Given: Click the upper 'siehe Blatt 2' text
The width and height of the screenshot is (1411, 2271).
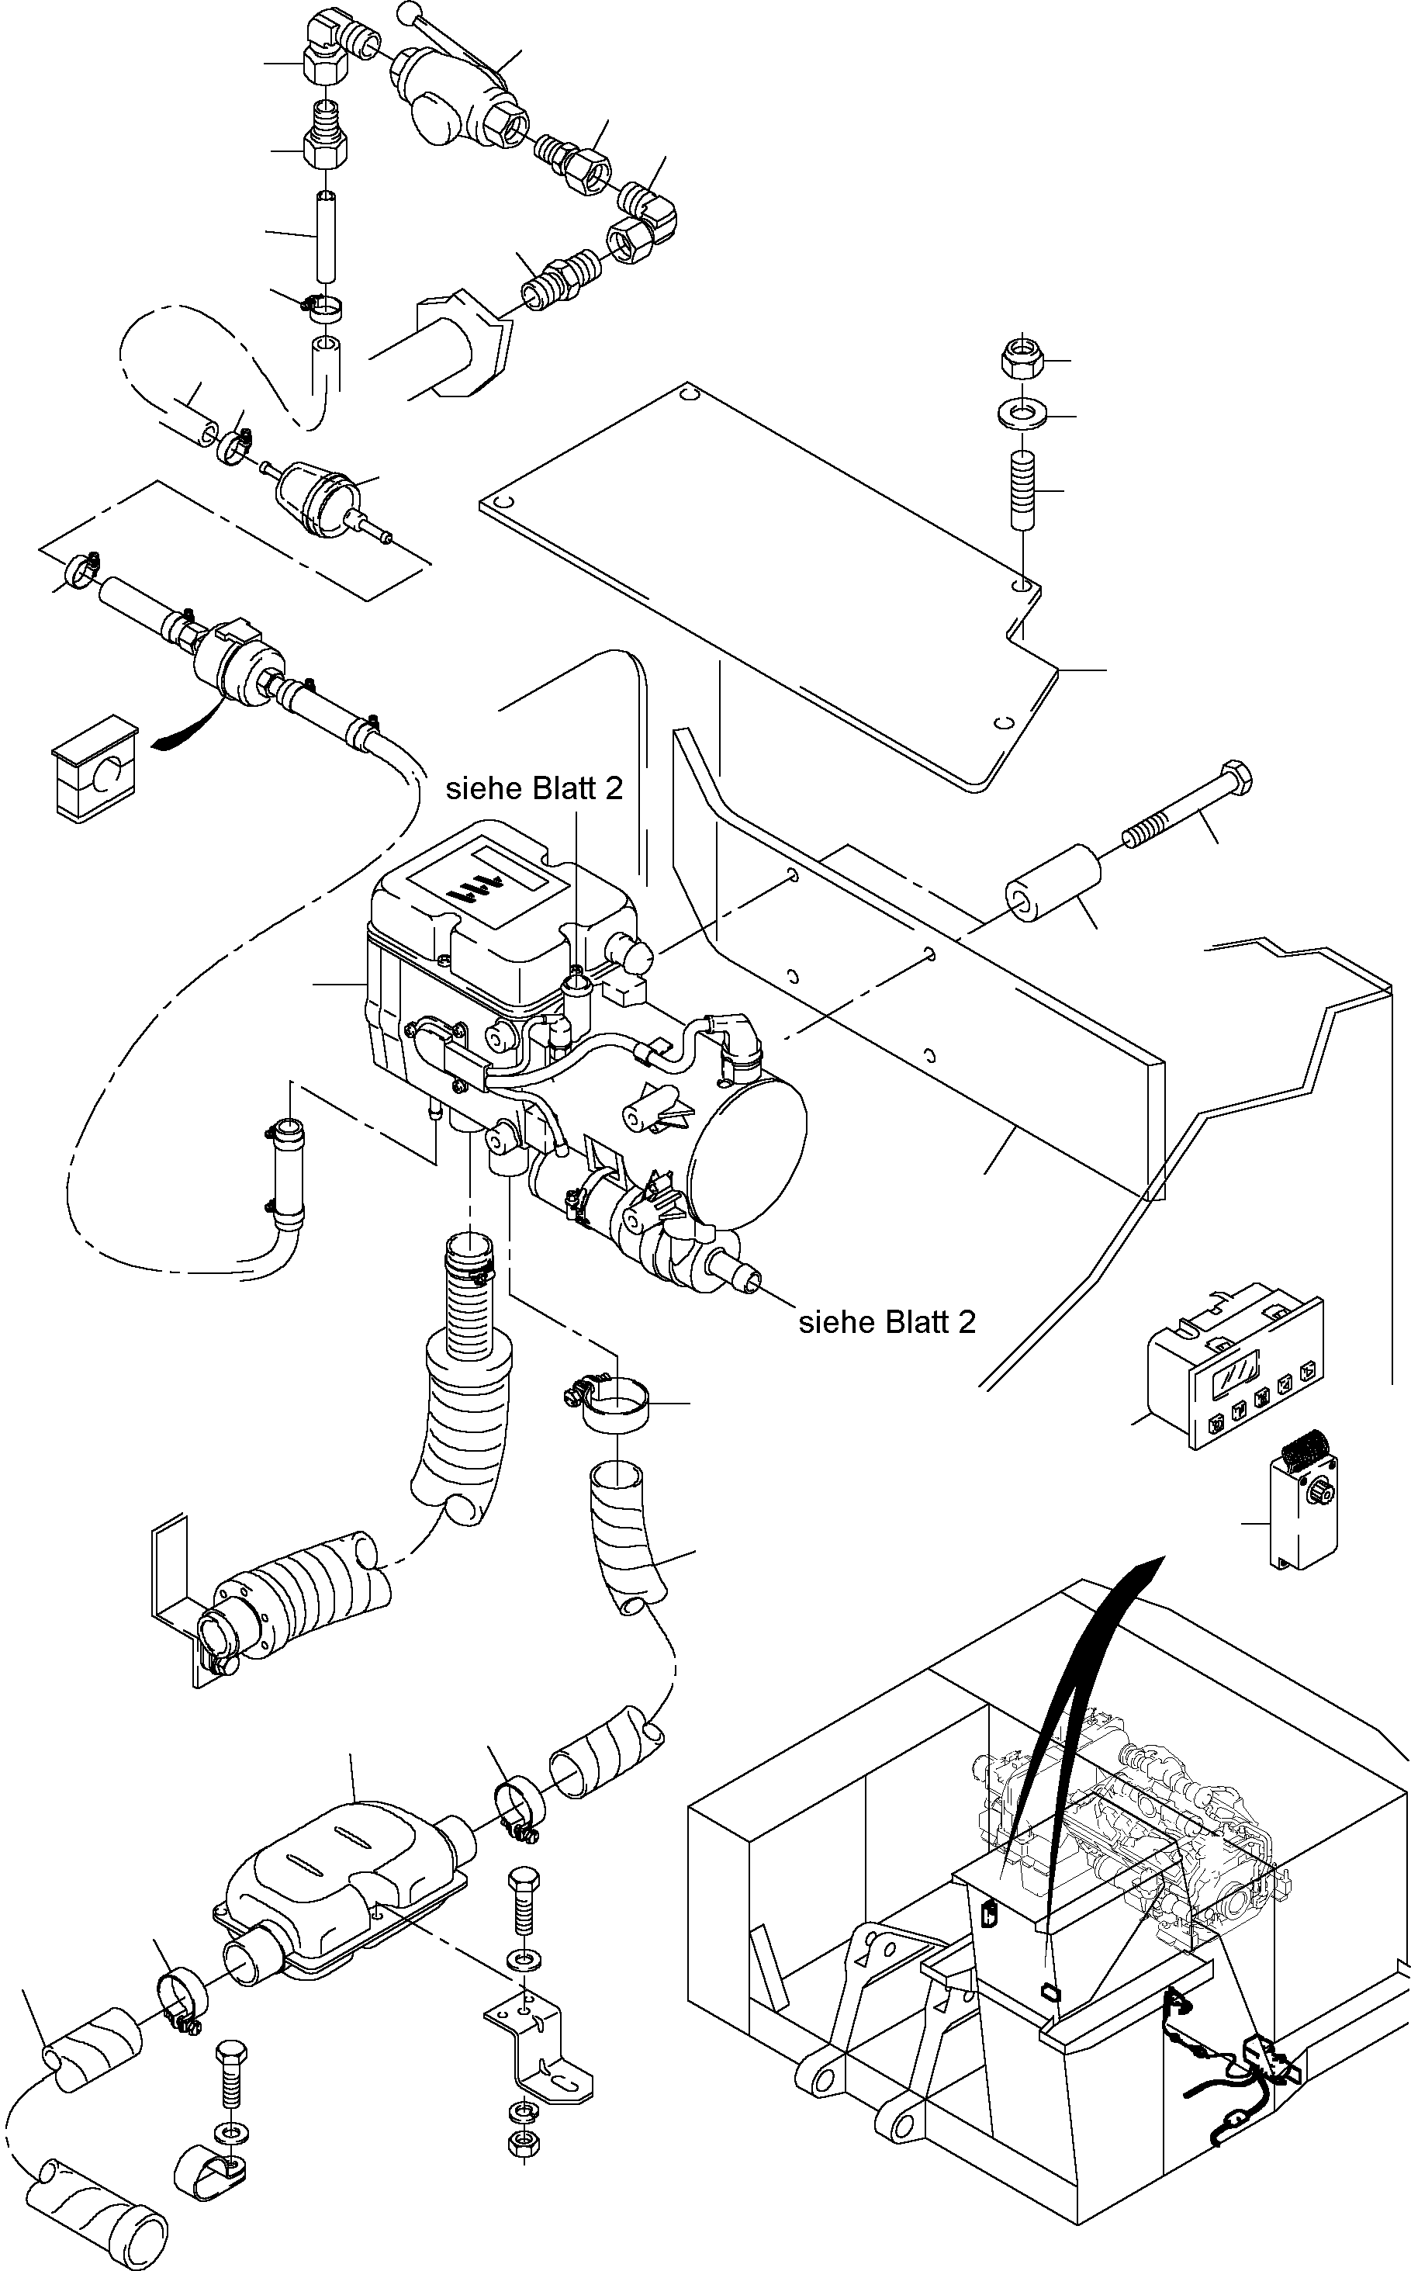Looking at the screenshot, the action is (x=534, y=789).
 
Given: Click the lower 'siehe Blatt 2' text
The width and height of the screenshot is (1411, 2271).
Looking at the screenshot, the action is (x=887, y=1322).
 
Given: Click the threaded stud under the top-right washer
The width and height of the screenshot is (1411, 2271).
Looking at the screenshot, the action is (x=1023, y=490).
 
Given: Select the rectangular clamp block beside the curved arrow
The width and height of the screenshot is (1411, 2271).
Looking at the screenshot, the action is (x=93, y=768).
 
